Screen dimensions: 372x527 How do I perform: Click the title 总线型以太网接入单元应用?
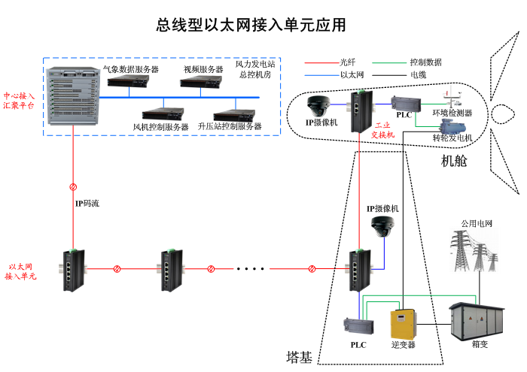[x=251, y=26]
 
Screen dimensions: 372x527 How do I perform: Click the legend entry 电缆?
[x=418, y=74]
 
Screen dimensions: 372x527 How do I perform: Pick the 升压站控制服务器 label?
[x=230, y=126]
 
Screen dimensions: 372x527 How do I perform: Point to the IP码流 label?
[x=86, y=204]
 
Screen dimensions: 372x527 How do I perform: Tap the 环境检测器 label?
[x=452, y=113]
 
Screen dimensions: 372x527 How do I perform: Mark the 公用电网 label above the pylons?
[x=477, y=223]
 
